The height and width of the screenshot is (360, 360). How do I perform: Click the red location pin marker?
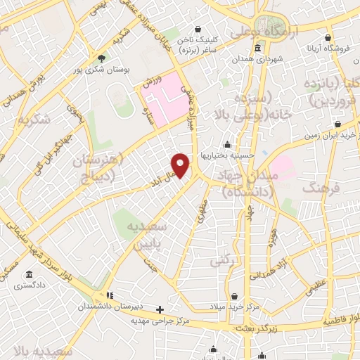pyautogui.click(x=181, y=165)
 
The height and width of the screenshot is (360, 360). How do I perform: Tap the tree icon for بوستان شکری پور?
pyautogui.click(x=103, y=58)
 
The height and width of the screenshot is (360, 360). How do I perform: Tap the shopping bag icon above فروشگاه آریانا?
pyautogui.click(x=327, y=38)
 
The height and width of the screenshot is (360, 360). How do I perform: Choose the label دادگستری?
pyautogui.click(x=31, y=285)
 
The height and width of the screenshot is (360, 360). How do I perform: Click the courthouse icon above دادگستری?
pyautogui.click(x=30, y=274)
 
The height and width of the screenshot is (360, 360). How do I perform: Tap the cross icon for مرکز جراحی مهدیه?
pyautogui.click(x=161, y=309)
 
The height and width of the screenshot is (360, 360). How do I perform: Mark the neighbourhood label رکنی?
pyautogui.click(x=219, y=260)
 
